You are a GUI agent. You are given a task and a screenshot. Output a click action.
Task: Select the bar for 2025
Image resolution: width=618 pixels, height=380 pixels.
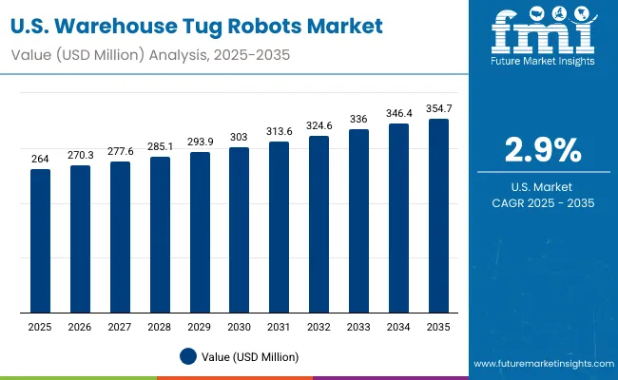coord(40,241)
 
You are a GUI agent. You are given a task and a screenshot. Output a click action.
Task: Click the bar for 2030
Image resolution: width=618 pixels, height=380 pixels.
coord(239,230)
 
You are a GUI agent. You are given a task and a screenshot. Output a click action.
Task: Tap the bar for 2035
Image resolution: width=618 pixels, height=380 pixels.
coord(438,216)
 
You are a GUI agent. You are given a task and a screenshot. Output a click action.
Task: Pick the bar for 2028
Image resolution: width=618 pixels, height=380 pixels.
coord(160,235)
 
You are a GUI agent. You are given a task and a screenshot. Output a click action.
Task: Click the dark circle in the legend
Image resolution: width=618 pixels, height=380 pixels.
coord(188,356)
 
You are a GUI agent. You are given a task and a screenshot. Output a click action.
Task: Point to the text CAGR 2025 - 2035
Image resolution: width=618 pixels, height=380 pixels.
coord(543,202)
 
